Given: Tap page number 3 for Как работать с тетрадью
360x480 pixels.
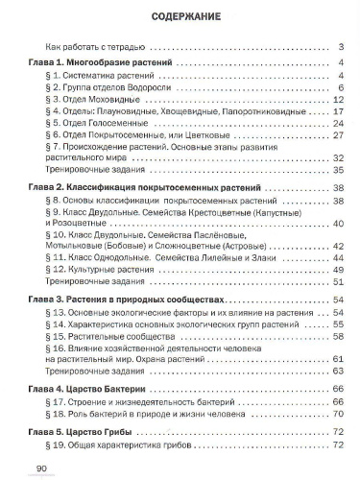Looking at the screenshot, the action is (x=341, y=46).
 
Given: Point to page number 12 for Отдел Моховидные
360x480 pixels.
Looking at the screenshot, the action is (x=338, y=99).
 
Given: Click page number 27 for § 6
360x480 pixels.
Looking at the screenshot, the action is (x=338, y=136).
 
